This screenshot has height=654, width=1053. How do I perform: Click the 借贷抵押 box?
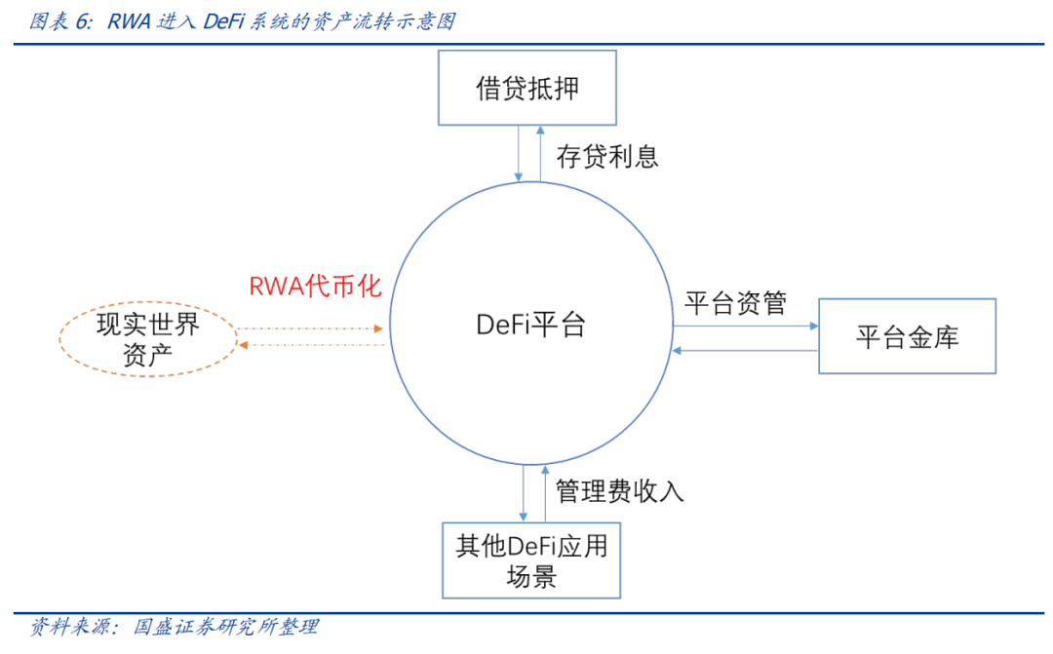point(526,89)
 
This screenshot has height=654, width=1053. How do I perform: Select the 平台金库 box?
point(907,336)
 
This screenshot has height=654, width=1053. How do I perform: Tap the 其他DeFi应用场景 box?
point(531,560)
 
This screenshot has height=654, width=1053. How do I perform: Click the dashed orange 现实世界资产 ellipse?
point(148,338)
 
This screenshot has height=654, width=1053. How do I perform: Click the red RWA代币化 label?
point(315,287)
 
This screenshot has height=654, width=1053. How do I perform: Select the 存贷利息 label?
point(607,156)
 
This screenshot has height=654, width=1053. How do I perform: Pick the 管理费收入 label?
point(620,490)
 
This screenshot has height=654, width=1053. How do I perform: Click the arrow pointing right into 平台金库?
point(746,326)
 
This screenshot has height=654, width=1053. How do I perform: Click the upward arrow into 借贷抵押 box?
point(539,153)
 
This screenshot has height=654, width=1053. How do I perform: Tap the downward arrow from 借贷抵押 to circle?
point(518,153)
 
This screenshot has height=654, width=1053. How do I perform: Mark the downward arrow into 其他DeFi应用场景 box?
point(525,492)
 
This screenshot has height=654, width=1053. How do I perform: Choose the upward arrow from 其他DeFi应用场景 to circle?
point(546,492)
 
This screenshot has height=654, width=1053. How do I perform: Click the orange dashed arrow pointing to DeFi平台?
point(312,328)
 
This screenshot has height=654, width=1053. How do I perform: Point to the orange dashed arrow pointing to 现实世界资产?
point(312,345)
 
